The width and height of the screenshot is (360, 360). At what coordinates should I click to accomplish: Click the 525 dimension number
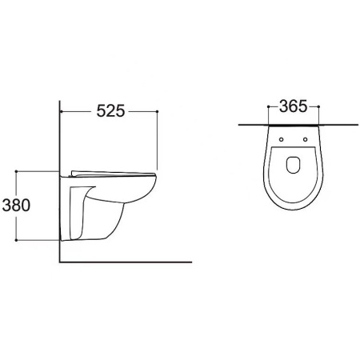point(110,111)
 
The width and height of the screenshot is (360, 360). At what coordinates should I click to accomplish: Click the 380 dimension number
point(16,206)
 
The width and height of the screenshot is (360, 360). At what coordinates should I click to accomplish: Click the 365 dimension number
point(294,106)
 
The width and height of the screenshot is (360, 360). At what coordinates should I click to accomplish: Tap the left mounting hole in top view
point(281,139)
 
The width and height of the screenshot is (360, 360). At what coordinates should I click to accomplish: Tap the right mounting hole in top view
point(306,139)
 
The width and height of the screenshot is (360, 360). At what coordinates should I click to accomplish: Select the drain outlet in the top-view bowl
point(294,164)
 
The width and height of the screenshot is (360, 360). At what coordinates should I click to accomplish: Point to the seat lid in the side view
point(112,174)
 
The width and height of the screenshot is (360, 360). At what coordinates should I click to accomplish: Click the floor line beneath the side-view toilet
point(126,262)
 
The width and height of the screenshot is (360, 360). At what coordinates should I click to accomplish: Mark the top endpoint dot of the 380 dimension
point(16,171)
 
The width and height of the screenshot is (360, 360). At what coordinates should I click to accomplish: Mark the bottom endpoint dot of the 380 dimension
point(16,240)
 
